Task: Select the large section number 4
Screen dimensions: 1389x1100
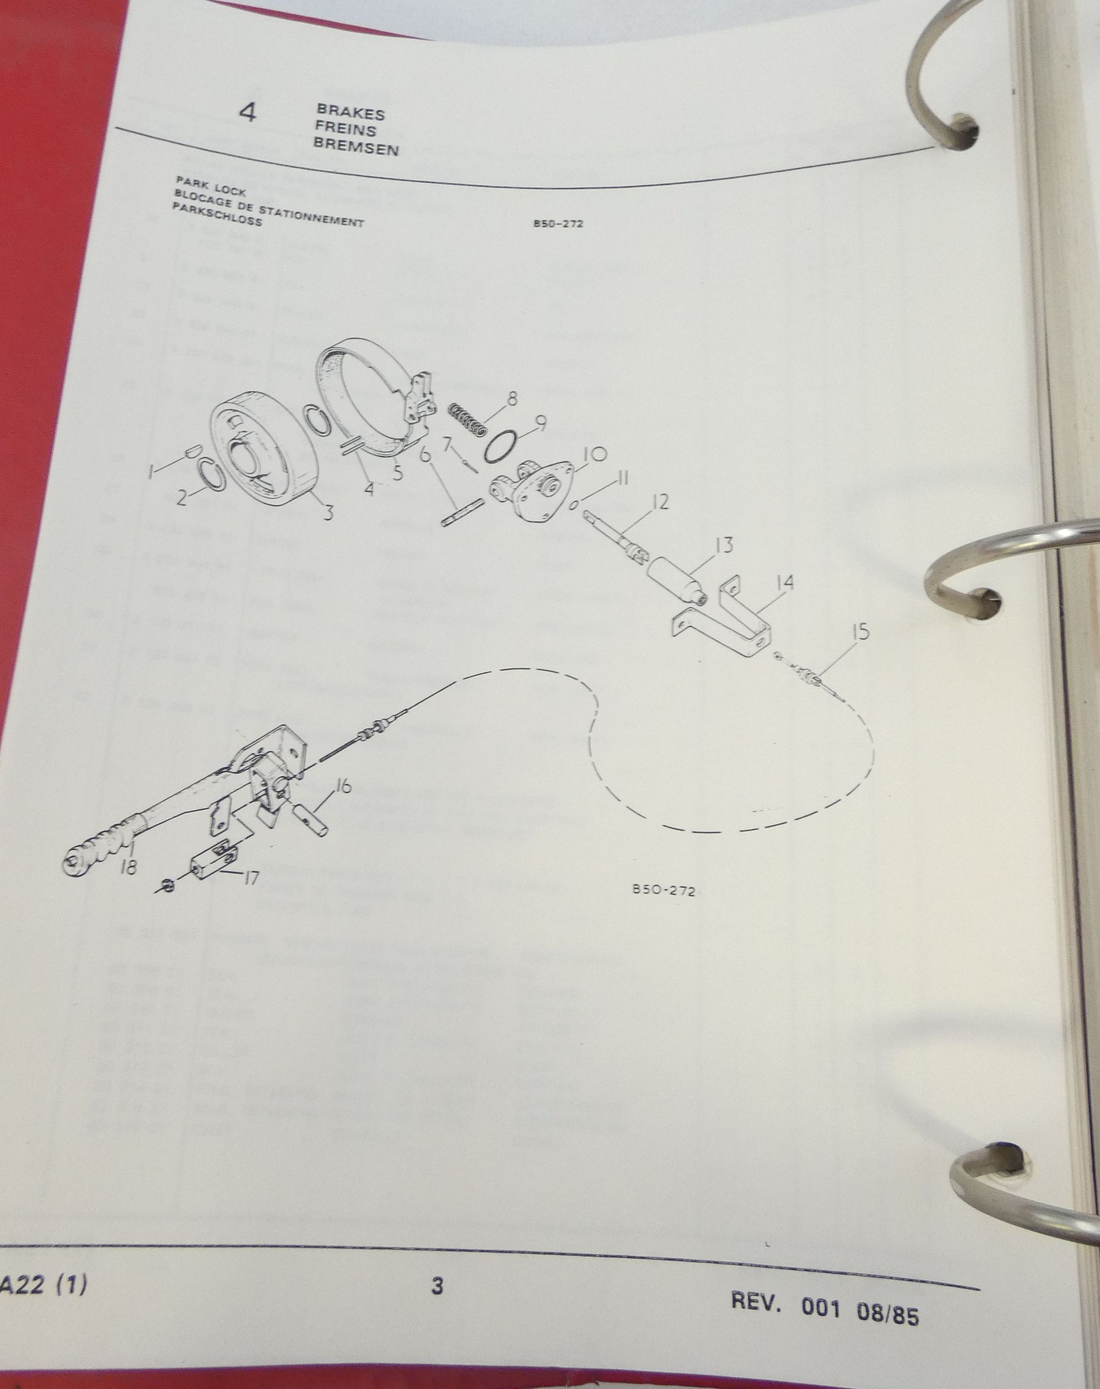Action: coord(248,113)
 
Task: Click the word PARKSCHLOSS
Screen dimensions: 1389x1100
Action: coord(217,221)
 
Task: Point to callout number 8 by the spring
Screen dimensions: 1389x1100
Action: coord(512,399)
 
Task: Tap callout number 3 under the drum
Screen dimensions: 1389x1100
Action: coord(328,513)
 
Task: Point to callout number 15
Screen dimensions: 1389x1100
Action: coord(860,632)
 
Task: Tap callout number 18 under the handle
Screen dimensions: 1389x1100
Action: coord(128,867)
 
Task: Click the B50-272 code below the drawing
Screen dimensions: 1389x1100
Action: coord(664,891)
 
